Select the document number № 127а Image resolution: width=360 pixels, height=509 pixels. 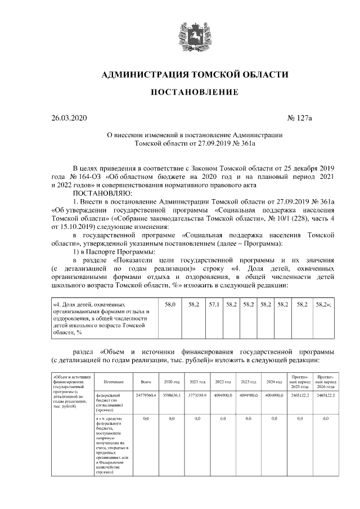point(299,118)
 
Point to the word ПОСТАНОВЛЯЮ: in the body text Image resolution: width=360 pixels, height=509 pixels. point(100,192)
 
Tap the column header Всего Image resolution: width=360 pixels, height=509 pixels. point(145,382)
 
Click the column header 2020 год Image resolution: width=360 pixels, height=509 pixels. point(171,382)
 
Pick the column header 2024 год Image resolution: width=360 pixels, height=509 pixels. point(274,382)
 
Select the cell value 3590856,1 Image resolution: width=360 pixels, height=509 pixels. point(171,396)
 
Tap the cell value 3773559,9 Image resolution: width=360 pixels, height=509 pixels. point(197,396)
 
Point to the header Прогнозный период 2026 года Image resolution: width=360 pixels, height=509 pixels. point(326,382)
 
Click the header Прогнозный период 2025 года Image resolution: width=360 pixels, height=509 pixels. point(299,382)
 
